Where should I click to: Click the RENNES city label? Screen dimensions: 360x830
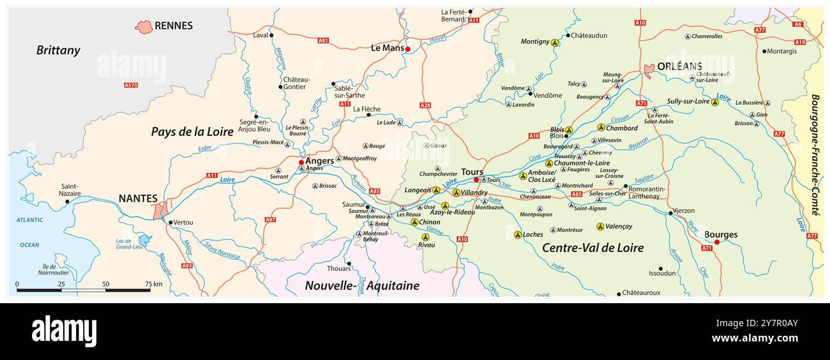[173, 26]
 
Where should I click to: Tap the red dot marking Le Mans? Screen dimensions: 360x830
[407, 49]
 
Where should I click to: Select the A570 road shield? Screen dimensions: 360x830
[131, 85]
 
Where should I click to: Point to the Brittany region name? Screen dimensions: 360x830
[58, 50]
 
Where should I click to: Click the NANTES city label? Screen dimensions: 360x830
[138, 199]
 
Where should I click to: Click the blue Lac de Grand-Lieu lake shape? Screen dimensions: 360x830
[145, 240]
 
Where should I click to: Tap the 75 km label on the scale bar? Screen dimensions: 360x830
[153, 284]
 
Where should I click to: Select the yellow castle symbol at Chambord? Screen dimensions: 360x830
[601, 128]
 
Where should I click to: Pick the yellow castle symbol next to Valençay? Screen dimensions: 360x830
[600, 227]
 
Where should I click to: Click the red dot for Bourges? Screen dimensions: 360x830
[716, 242]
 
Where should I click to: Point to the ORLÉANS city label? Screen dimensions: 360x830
[679, 66]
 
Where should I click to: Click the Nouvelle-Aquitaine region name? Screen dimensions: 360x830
[362, 285]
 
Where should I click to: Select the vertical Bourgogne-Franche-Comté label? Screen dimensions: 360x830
[815, 155]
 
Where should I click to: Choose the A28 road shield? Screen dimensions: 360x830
[425, 105]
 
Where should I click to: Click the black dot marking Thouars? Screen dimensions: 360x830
[349, 263]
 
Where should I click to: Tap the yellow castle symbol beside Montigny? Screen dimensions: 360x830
[555, 43]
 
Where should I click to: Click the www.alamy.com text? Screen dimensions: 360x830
[755, 338]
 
